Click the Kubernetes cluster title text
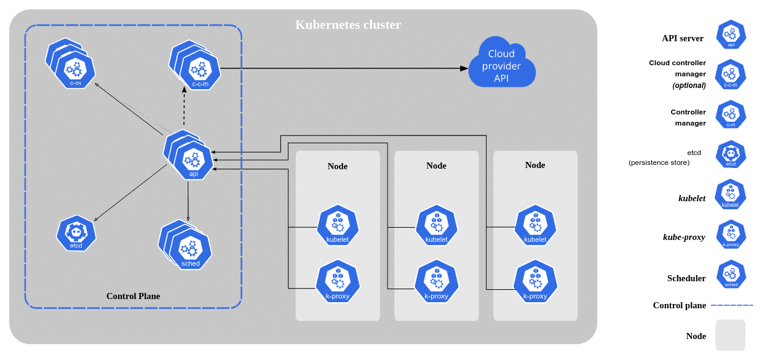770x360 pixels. pyautogui.click(x=348, y=25)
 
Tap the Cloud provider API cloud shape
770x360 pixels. pyautogui.click(x=501, y=66)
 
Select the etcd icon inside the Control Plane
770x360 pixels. pyautogui.click(x=77, y=234)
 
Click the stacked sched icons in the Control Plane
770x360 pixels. pyautogui.click(x=186, y=246)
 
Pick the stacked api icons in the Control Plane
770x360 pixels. pyautogui.click(x=189, y=154)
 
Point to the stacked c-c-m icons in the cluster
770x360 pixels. pyautogui.click(x=193, y=65)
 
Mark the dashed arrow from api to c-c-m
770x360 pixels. pyautogui.click(x=184, y=108)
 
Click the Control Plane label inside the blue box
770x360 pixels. pyautogui.click(x=133, y=296)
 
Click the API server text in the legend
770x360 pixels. pyautogui.click(x=682, y=38)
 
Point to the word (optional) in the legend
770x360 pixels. pyautogui.click(x=688, y=85)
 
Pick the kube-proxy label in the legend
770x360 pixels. pyautogui.click(x=684, y=237)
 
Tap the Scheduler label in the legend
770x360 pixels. pyautogui.click(x=686, y=278)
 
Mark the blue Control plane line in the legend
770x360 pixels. pyautogui.click(x=730, y=306)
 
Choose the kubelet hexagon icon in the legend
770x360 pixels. pyautogui.click(x=731, y=194)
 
